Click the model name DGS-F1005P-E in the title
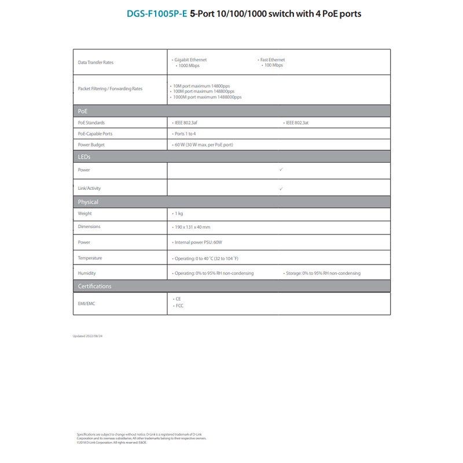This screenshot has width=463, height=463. coord(157,13)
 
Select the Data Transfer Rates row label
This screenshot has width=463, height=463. coord(95,63)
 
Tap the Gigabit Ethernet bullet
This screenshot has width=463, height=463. coord(190,60)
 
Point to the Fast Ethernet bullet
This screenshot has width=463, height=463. coord(273,60)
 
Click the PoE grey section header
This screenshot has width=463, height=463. coord(83,111)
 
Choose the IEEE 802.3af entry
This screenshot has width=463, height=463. coord(190,123)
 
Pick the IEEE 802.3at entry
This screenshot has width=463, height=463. coord(299,123)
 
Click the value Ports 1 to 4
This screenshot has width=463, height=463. coord(185,134)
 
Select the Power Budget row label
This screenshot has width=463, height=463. coord(91,145)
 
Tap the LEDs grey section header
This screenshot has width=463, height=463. coord(84,157)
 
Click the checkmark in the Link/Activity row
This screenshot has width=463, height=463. coord(281,189)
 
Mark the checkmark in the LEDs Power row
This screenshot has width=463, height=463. coord(281,170)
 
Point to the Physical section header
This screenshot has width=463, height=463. coord(88,202)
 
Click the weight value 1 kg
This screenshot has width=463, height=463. coord(178,214)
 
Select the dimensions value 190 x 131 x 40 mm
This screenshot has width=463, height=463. coord(192,227)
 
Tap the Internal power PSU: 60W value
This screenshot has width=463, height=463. coord(198,242)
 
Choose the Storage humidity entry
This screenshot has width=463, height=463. coord(323,273)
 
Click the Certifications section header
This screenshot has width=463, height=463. coord(95,286)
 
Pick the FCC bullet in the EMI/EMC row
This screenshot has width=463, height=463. coord(179,306)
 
